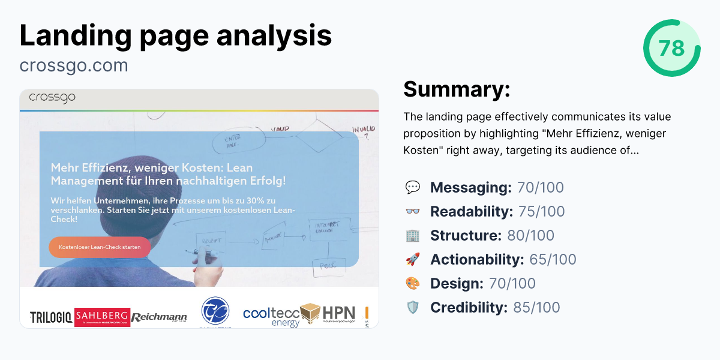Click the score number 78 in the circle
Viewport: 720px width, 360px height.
(671, 48)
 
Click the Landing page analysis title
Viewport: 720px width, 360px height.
(176, 35)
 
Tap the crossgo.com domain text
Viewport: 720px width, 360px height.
(74, 65)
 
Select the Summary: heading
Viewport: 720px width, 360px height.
(457, 89)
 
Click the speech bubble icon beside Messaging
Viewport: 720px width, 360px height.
(413, 187)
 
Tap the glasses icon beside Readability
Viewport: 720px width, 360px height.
(413, 211)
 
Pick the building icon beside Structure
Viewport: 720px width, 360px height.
(413, 235)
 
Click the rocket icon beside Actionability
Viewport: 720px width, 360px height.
(413, 259)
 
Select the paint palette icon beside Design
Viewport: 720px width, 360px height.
(413, 283)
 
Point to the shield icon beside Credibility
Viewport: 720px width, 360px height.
(413, 307)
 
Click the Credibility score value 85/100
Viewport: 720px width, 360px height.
(533, 307)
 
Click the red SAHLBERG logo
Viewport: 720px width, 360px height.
(102, 317)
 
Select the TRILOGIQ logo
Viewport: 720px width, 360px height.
(52, 316)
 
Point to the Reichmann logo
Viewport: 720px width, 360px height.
(159, 317)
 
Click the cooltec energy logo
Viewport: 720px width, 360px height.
(271, 316)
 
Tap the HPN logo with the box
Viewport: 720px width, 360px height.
(328, 314)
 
